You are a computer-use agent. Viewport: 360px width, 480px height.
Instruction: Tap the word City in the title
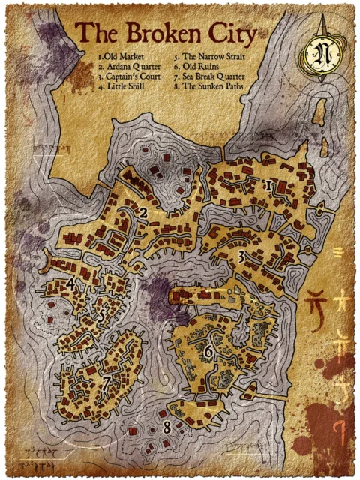pos(232,33)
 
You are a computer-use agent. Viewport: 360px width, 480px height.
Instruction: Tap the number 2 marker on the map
pos(142,214)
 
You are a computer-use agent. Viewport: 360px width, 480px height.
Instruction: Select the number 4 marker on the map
pos(70,284)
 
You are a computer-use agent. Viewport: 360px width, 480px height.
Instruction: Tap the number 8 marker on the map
pos(166,429)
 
